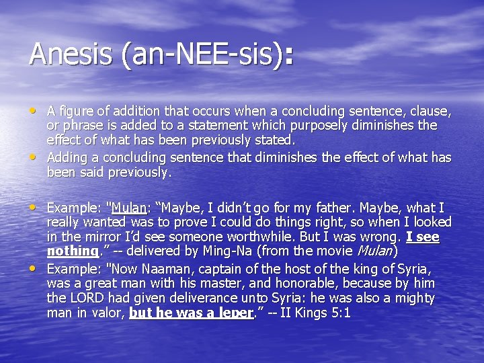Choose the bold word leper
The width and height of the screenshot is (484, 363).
click(239, 313)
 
